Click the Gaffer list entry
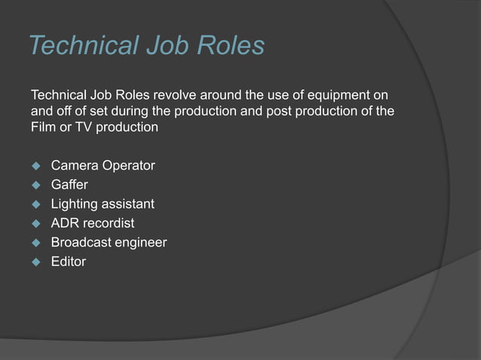click(69, 184)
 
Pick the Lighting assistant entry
click(103, 203)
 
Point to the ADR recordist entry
click(93, 223)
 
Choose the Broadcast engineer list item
click(109, 243)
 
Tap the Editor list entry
click(68, 262)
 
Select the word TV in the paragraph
click(80, 127)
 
